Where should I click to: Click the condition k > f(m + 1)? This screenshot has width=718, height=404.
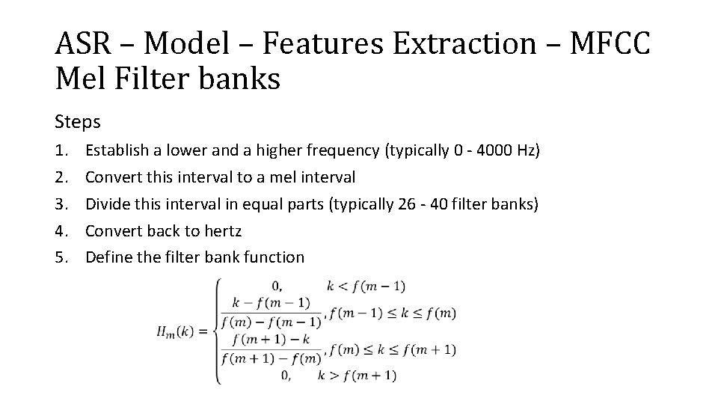358,375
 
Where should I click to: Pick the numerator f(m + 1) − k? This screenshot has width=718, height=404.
271,340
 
